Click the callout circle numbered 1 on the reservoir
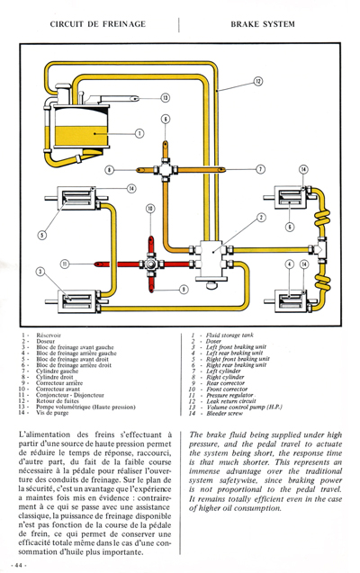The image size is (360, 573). tap(139, 133)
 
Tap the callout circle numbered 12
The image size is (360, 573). tap(256, 82)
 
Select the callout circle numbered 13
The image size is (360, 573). tap(165, 97)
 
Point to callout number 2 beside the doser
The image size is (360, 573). tap(260, 218)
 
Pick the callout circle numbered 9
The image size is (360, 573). tap(183, 289)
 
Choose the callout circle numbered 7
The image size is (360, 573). tap(260, 168)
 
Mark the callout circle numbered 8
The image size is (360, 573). tap(109, 168)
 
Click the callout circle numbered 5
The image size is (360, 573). tap(41, 236)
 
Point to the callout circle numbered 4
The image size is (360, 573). tap(289, 264)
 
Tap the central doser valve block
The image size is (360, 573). tap(219, 255)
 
